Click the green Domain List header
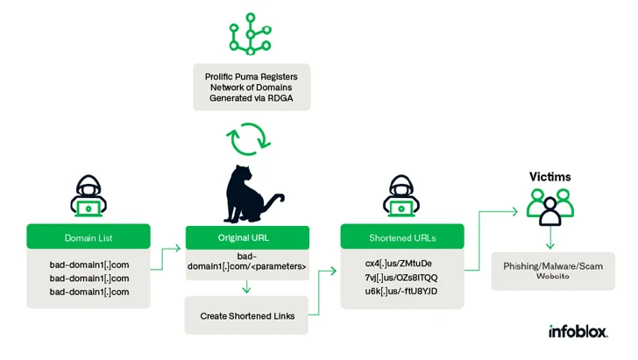point(88,237)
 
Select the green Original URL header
point(246,237)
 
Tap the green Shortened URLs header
point(402,237)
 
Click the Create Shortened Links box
point(246,315)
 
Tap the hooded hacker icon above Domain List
point(88,197)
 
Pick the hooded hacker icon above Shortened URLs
point(401,197)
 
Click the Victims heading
point(549,177)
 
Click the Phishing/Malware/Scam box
point(553,270)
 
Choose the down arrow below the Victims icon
point(549,238)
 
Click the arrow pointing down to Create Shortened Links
point(246,286)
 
